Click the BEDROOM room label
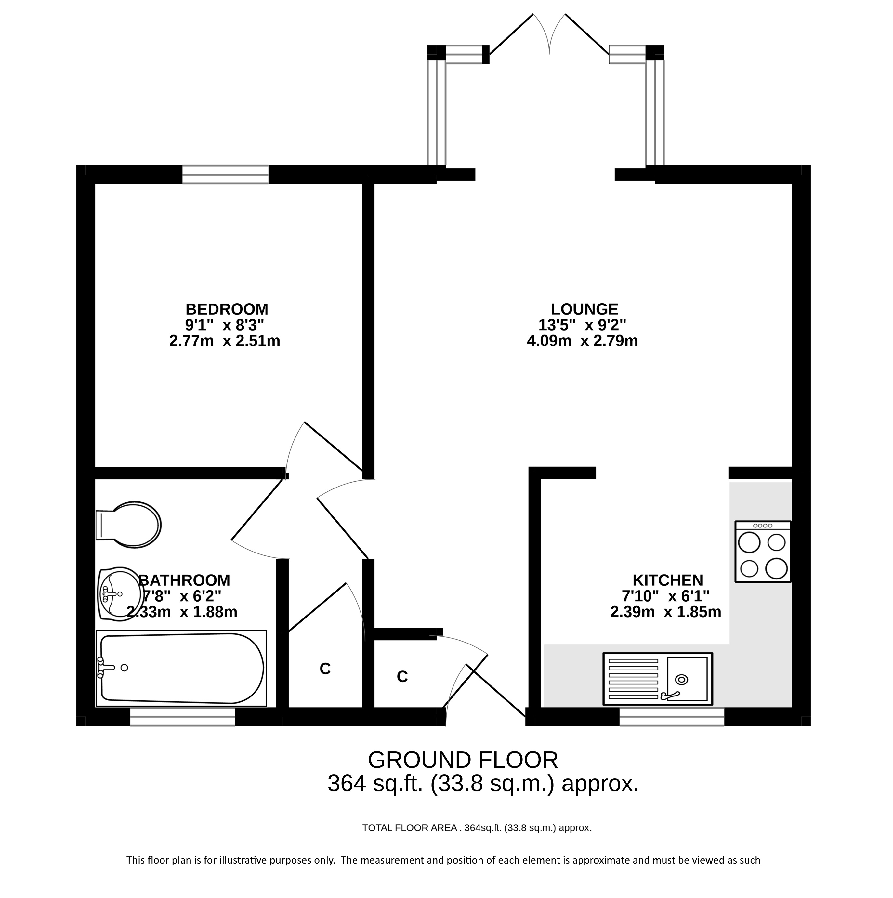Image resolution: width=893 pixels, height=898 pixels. tap(227, 309)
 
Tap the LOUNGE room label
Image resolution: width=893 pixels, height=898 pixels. tap(584, 309)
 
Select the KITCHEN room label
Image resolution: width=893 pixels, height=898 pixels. tap(667, 580)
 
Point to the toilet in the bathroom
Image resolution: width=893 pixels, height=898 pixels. tap(128, 525)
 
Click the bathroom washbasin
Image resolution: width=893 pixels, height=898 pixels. tap(120, 594)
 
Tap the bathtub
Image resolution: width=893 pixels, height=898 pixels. tap(181, 668)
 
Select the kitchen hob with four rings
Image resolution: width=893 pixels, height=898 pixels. tap(763, 551)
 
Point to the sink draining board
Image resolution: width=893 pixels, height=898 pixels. tap(633, 679)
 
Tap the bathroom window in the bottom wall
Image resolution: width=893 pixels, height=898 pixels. tap(183, 717)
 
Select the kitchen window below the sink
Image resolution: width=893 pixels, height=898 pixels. tap(672, 717)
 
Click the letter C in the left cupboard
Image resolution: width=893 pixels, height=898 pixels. tap(325, 669)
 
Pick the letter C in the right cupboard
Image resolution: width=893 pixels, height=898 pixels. tap(402, 677)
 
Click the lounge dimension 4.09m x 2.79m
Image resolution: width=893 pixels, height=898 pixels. tap(582, 341)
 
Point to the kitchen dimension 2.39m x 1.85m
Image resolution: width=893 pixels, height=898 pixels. tap(666, 612)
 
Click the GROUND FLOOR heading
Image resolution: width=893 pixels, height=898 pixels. tap(463, 760)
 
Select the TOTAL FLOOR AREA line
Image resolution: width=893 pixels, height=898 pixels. tap(477, 828)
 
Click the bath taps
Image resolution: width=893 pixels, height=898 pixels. tap(106, 668)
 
